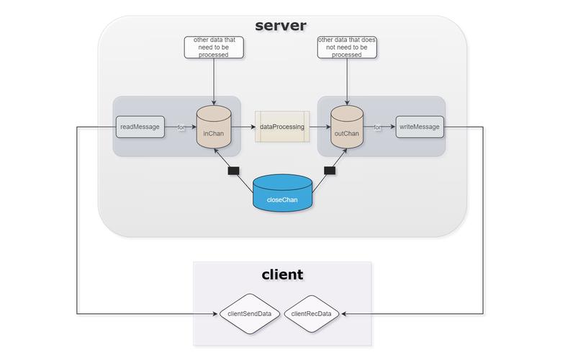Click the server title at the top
[281, 26]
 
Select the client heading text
[281, 274]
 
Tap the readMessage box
[140, 127]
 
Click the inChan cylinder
[214, 127]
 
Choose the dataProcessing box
[282, 127]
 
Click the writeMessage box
[419, 127]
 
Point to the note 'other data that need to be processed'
[214, 47]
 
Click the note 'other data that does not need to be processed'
[348, 47]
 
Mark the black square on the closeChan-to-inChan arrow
[233, 171]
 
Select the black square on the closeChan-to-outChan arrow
[330, 171]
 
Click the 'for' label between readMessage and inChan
[181, 127]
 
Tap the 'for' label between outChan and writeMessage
[377, 127]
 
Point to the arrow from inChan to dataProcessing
[243, 127]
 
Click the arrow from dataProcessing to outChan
[320, 127]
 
